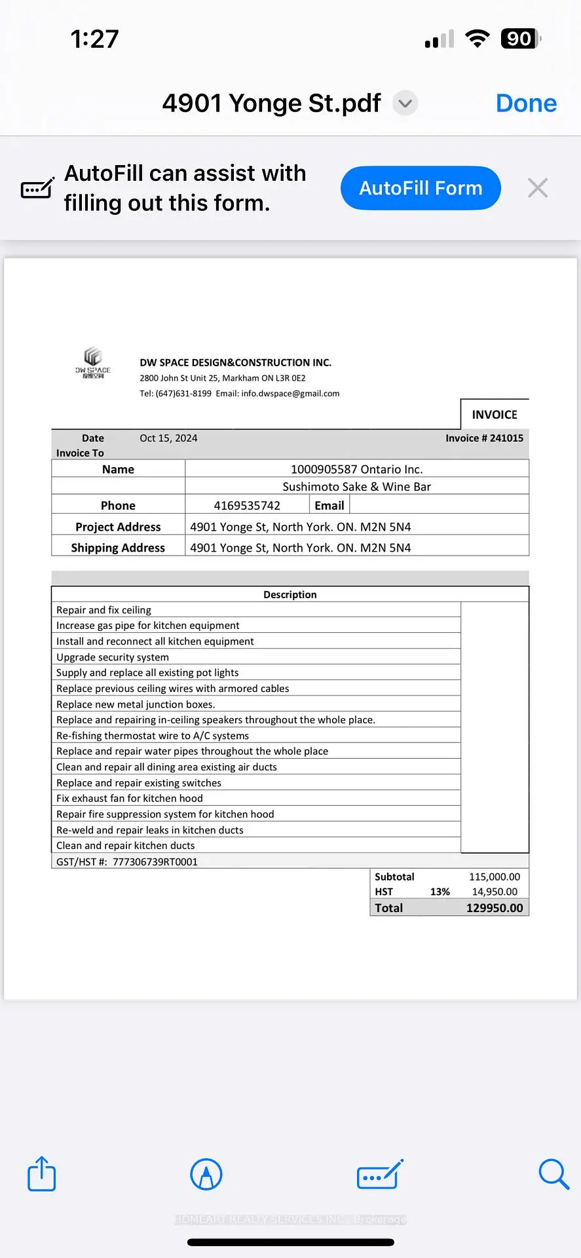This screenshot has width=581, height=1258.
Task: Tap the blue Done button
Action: click(x=526, y=104)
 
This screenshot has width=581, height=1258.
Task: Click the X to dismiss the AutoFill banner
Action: click(x=538, y=188)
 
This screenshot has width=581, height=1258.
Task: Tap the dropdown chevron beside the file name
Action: click(x=405, y=104)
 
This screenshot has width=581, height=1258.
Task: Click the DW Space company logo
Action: click(x=93, y=363)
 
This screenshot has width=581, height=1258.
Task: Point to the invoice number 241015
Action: click(x=506, y=438)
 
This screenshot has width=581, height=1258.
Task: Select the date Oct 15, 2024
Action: click(x=168, y=438)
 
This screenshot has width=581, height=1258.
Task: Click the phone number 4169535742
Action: click(x=247, y=505)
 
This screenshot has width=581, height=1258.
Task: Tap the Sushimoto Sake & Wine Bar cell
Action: click(x=356, y=487)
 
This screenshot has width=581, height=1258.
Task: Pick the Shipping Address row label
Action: click(x=118, y=548)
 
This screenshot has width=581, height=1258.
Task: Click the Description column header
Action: click(x=290, y=594)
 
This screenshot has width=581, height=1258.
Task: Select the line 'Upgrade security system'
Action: click(x=113, y=657)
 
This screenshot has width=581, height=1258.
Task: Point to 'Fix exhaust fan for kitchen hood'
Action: click(x=130, y=798)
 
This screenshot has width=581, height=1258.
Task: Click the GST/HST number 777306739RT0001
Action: click(x=155, y=862)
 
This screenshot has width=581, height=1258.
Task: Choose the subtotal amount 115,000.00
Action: click(x=495, y=877)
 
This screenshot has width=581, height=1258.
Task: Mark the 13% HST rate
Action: click(x=440, y=892)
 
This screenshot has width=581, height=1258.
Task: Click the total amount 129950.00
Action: click(x=495, y=908)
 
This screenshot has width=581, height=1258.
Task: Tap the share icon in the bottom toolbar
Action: click(x=42, y=1173)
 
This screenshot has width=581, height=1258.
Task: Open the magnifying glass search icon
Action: click(x=553, y=1173)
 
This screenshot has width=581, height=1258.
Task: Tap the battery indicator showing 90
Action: click(x=521, y=39)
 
